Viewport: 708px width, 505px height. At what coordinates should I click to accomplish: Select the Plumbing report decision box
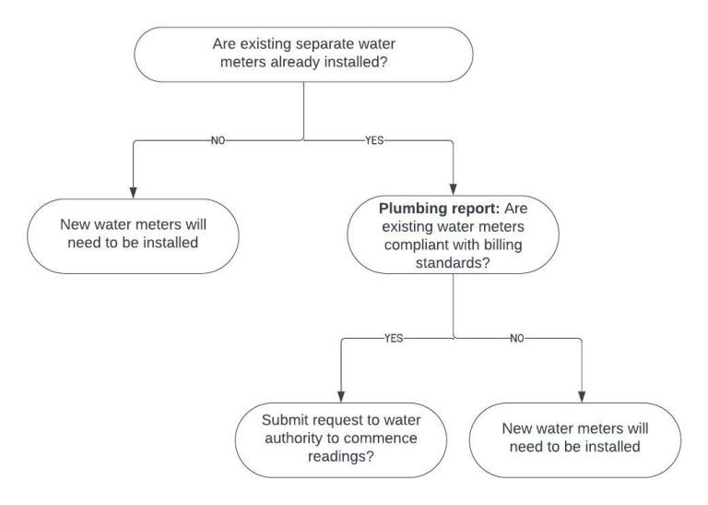(453, 235)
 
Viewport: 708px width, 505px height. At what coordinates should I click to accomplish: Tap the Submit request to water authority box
(342, 438)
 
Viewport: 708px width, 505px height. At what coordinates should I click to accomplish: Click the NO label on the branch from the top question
(218, 141)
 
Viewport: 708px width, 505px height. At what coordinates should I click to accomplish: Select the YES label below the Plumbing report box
(393, 339)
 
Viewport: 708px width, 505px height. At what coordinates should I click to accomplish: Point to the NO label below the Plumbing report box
(517, 339)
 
